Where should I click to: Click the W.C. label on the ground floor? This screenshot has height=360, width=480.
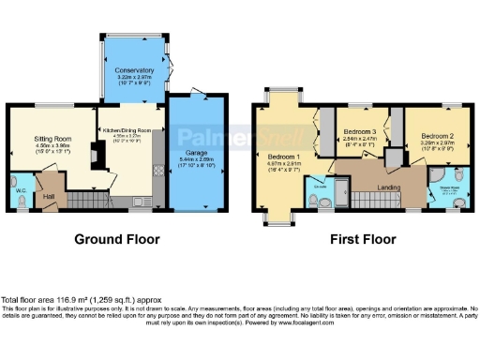pos(21,182)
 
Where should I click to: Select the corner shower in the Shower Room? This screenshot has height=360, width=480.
pos(438,178)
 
